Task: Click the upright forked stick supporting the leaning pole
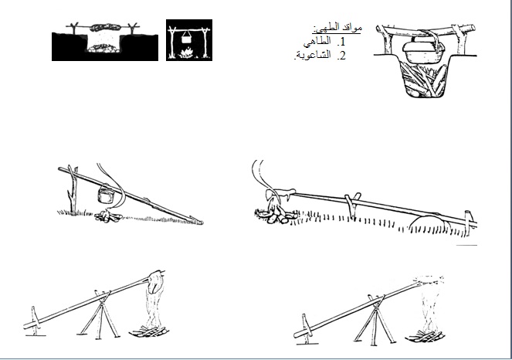click(72, 188)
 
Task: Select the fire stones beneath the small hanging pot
click(107, 218)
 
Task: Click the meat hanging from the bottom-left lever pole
click(157, 290)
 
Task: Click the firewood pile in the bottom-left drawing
click(153, 333)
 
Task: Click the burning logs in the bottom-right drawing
click(427, 337)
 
